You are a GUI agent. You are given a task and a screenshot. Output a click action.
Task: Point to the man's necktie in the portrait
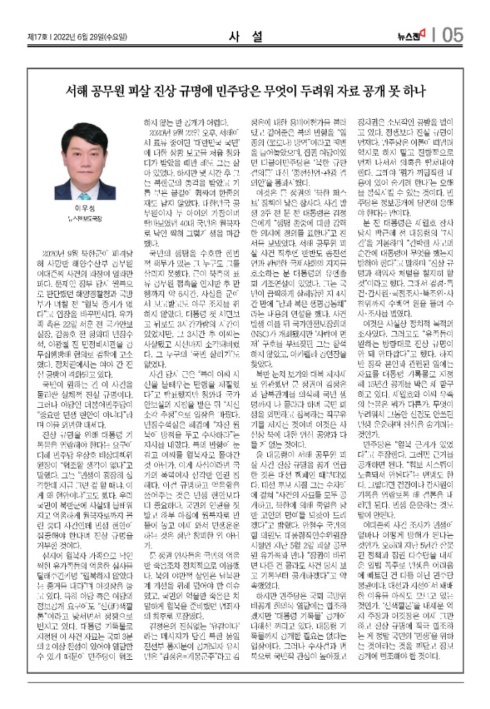(75, 190)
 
